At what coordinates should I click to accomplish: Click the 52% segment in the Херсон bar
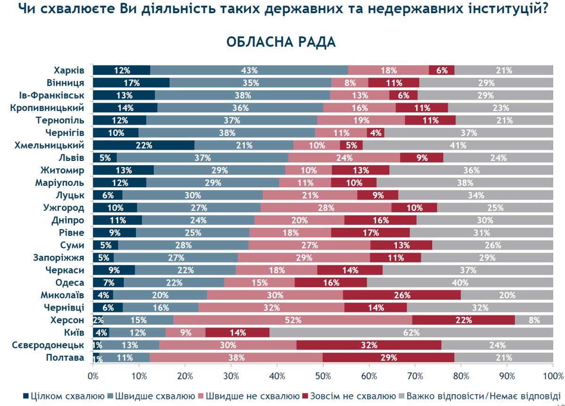tap(292, 320)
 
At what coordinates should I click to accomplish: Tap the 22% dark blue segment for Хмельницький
tap(144, 145)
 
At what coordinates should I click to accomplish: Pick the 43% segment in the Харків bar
tap(249, 71)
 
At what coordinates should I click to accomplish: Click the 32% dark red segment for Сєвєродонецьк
tap(369, 345)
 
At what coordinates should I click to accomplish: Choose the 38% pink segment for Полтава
tap(236, 358)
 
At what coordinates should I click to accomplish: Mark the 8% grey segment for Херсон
tap(534, 320)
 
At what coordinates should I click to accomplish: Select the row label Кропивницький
tap(47, 108)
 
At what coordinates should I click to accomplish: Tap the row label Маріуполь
tap(60, 183)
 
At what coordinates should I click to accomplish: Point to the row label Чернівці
tap(65, 308)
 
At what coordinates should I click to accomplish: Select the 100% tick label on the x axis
tap(553, 376)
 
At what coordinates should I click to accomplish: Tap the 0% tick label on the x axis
tap(93, 376)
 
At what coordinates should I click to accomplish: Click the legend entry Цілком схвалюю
tap(63, 396)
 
